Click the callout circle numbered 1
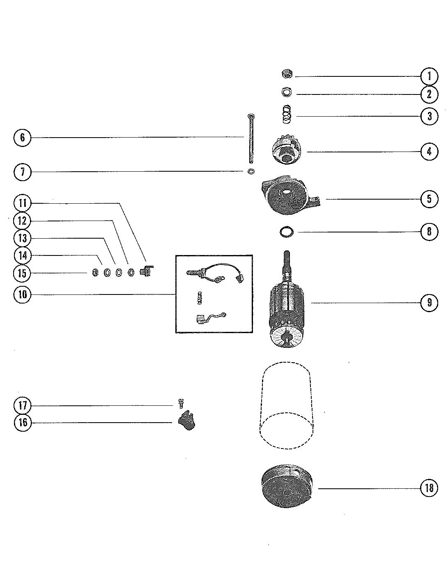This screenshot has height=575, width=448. click(x=430, y=76)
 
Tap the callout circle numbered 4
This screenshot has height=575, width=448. click(x=430, y=152)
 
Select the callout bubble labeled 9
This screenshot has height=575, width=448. click(x=430, y=303)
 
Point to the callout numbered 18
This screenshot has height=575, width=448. click(x=430, y=488)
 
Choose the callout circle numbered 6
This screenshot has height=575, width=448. click(x=22, y=137)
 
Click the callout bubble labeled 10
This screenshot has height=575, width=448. click(x=22, y=295)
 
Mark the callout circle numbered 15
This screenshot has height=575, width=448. click(x=22, y=273)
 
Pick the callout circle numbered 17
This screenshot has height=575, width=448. click(x=22, y=406)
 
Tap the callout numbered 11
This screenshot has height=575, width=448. click(x=22, y=203)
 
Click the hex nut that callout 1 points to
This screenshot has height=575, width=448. click(x=287, y=74)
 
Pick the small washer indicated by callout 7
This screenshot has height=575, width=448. click(x=250, y=171)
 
